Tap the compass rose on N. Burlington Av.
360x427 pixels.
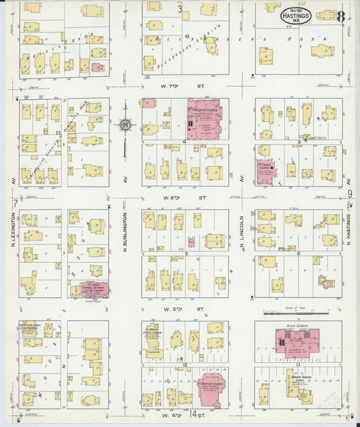126,125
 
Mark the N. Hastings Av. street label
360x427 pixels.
349,230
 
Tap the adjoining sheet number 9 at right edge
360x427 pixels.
350,195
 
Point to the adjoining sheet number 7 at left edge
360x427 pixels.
15,203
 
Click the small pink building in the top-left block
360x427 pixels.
97,67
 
